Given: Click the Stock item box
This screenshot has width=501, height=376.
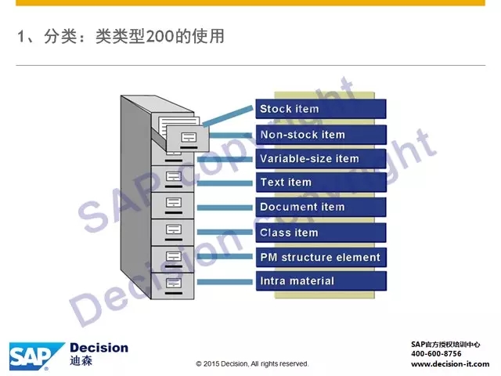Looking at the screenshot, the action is [x=321, y=109].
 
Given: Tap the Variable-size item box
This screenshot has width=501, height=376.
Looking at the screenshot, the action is [x=321, y=158].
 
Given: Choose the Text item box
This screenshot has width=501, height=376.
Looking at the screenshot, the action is [x=321, y=183].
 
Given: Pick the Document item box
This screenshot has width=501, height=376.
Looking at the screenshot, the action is [x=321, y=207].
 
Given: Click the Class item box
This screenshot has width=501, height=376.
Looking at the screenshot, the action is [x=321, y=233].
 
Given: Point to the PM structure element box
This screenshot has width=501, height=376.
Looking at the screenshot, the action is [x=321, y=257].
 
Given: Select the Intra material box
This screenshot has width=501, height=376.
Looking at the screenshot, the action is [x=321, y=281].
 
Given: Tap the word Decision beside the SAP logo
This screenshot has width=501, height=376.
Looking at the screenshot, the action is [x=99, y=348].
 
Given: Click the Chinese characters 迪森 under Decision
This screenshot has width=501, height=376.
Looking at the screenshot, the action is [x=81, y=361].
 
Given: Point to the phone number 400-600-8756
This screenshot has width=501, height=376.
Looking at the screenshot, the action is [x=436, y=353].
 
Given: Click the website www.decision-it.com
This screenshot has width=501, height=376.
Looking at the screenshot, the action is [x=450, y=363].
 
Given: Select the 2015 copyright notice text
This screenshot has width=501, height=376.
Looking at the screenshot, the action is [x=252, y=363].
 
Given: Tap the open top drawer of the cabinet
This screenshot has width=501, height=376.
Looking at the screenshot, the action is [x=188, y=138].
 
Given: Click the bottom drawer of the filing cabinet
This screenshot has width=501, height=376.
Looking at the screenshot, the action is [x=172, y=286].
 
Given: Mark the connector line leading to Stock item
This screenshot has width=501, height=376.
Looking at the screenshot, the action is [x=228, y=116].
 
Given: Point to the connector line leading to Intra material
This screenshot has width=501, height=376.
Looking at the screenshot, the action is [x=225, y=282].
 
